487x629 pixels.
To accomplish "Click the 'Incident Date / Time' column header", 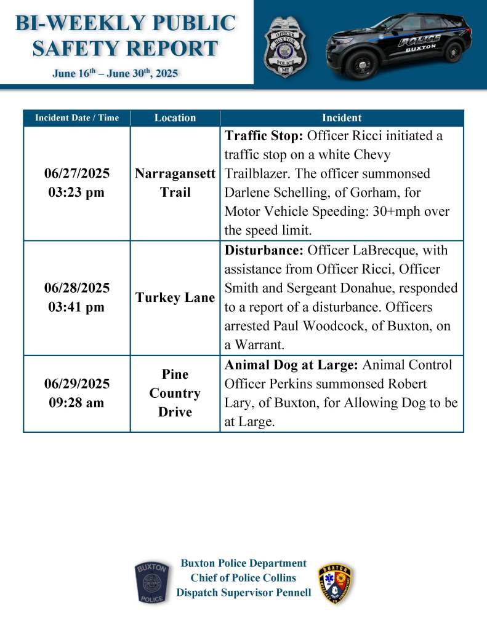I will (x=77, y=117).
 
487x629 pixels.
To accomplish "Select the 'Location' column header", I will (x=175, y=117).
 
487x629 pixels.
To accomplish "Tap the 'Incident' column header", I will (x=342, y=117).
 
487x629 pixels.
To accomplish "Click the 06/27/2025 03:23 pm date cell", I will (x=77, y=183).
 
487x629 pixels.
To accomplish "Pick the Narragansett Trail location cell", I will (x=175, y=183).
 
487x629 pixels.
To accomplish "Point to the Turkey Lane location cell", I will (x=175, y=298).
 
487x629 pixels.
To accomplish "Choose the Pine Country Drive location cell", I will (x=175, y=393).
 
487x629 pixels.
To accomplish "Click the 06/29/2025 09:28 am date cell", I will (x=77, y=393).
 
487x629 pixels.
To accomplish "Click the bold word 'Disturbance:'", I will (x=263, y=250).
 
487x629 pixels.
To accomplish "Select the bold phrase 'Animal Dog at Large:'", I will (x=291, y=365).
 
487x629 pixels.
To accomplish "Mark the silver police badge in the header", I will (x=285, y=47).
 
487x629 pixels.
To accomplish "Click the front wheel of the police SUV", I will (x=363, y=63).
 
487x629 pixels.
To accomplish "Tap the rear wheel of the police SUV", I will (x=453, y=52).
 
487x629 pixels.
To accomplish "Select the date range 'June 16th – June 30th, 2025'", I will (x=115, y=74).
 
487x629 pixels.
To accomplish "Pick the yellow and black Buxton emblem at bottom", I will (x=336, y=582).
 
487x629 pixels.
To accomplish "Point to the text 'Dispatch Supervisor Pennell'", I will (x=243, y=593).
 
